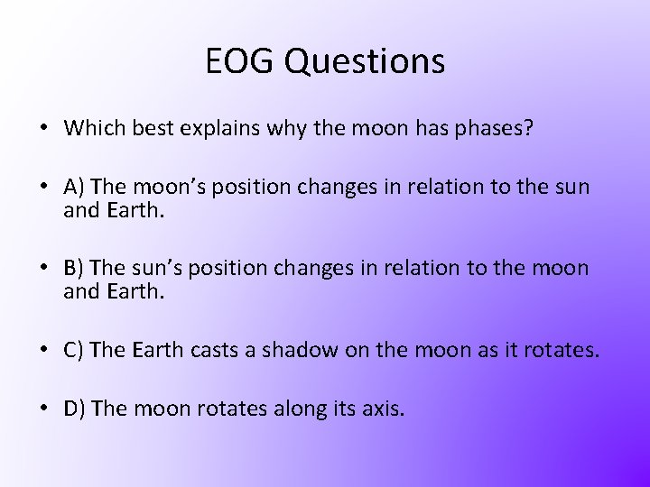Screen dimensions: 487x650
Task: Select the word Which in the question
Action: pos(92,128)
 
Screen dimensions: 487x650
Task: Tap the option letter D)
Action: pos(75,409)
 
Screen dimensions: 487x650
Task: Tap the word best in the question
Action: pos(155,129)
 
